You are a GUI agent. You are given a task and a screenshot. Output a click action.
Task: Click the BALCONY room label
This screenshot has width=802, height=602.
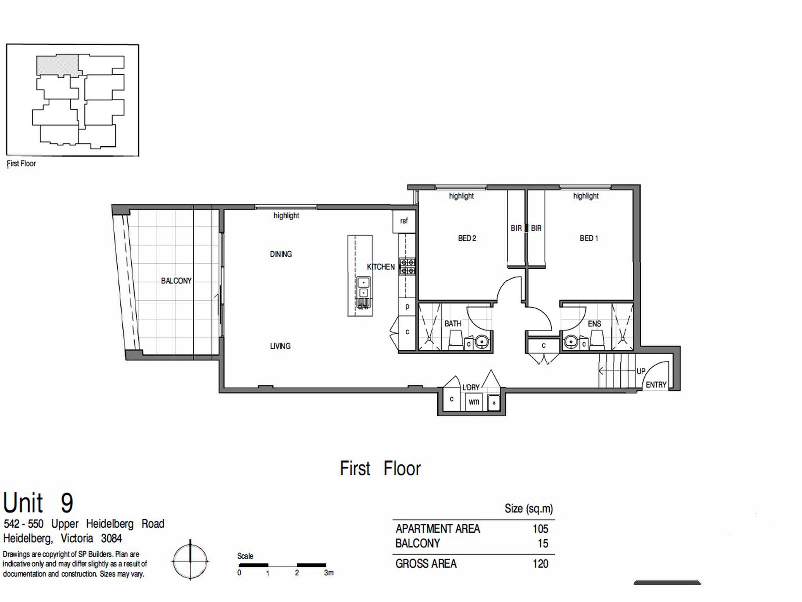pyautogui.click(x=176, y=281)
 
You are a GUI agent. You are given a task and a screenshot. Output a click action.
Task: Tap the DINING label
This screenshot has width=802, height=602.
pyautogui.click(x=281, y=254)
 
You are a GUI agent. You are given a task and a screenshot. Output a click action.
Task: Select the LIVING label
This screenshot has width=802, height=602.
pyautogui.click(x=280, y=346)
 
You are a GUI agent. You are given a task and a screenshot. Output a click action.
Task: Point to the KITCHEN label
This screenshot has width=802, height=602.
pyautogui.click(x=381, y=267)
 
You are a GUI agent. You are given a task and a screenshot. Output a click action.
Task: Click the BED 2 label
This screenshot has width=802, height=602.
pyautogui.click(x=467, y=238)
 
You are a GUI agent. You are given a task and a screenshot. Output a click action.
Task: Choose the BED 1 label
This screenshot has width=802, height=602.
pyautogui.click(x=589, y=238)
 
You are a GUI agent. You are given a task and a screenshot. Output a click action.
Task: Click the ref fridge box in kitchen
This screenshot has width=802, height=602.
pyautogui.click(x=404, y=221)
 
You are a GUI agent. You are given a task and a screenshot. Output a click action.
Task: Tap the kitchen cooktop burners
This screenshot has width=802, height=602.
pyautogui.click(x=407, y=267)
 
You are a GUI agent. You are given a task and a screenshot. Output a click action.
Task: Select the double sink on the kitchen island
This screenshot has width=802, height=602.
pyautogui.click(x=363, y=287)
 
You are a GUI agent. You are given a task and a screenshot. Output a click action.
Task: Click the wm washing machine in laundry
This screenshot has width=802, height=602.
pyautogui.click(x=474, y=401)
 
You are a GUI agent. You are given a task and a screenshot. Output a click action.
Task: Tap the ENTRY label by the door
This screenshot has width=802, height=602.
pyautogui.click(x=656, y=385)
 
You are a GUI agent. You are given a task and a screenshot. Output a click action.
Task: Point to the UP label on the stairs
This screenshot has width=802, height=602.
pyautogui.click(x=641, y=371)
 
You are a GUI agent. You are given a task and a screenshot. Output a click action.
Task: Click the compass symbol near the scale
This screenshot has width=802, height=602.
pyautogui.click(x=190, y=561)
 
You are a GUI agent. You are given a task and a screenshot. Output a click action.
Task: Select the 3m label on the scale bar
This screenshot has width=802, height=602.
pyautogui.click(x=328, y=573)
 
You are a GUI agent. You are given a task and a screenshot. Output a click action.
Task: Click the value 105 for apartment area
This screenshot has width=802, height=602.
pyautogui.click(x=540, y=528)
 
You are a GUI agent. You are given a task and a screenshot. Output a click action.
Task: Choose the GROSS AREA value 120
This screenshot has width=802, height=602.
pyautogui.click(x=540, y=564)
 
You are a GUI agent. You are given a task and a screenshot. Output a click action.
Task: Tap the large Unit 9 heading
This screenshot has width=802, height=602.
pyautogui.click(x=38, y=502)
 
